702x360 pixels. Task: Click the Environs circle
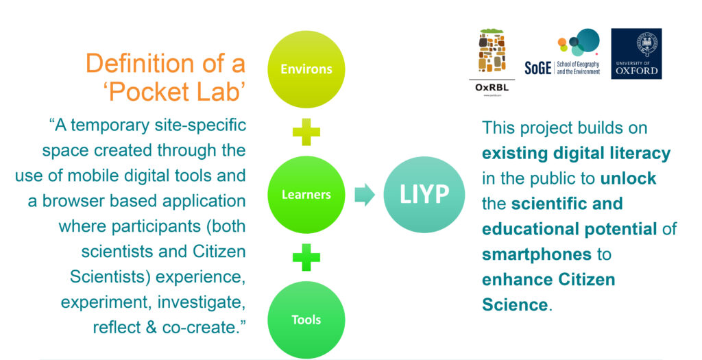(x=306, y=69)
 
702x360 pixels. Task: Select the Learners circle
(x=306, y=194)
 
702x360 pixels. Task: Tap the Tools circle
(x=306, y=320)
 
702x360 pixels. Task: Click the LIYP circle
(x=424, y=194)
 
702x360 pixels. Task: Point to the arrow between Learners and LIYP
(x=365, y=194)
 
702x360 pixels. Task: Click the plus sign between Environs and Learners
(x=306, y=132)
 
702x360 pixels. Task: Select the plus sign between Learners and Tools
(x=306, y=257)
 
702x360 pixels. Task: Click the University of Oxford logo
(x=636, y=53)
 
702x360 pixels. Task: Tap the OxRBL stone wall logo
(x=492, y=51)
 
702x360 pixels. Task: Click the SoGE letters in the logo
(x=537, y=68)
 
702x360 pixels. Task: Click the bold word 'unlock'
(x=628, y=178)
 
